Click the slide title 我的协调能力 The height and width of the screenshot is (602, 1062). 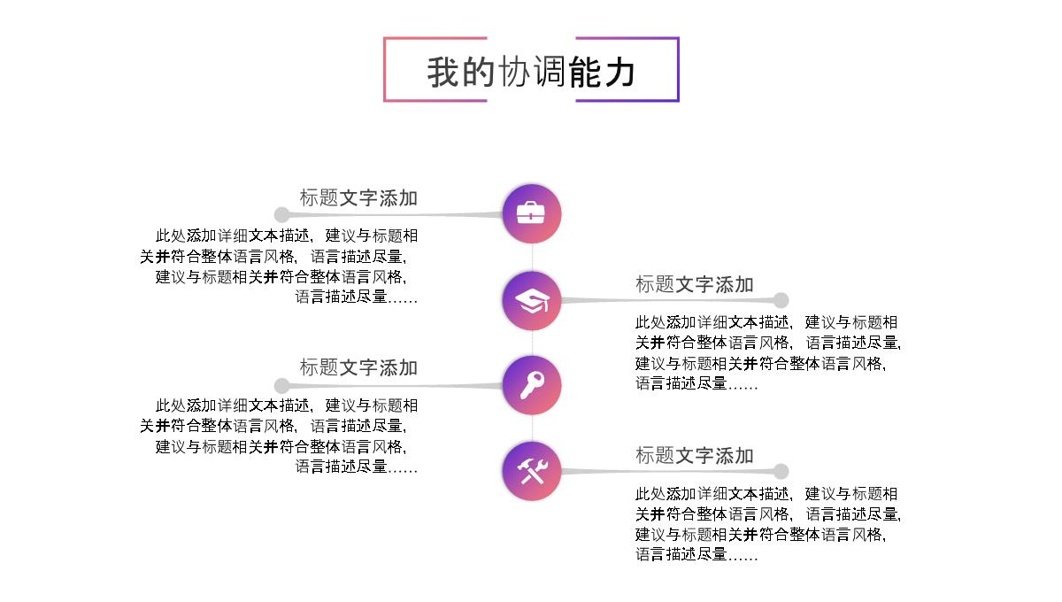[x=531, y=72]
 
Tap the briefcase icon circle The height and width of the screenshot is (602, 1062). [x=532, y=214]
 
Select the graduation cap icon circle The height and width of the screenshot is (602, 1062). [x=532, y=301]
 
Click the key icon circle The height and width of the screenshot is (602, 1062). [x=532, y=385]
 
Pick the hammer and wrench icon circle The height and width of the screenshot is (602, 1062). [x=532, y=471]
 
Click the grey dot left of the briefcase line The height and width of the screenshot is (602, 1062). [x=281, y=214]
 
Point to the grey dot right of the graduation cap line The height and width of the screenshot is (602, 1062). [x=781, y=300]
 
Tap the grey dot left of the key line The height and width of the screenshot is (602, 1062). [x=281, y=385]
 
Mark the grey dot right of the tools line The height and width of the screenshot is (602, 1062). [x=781, y=471]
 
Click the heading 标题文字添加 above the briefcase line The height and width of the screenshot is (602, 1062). [x=358, y=198]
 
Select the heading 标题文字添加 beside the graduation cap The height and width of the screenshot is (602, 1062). [x=695, y=284]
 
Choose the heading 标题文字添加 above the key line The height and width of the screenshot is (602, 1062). [x=358, y=367]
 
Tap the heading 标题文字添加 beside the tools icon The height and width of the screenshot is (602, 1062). [x=695, y=455]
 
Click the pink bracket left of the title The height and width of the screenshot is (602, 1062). [x=386, y=69]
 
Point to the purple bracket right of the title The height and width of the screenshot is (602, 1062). [x=676, y=69]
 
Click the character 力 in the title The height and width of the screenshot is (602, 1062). [x=619, y=72]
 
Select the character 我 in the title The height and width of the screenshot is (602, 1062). [x=442, y=72]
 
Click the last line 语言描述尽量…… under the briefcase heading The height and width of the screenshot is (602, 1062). [x=356, y=297]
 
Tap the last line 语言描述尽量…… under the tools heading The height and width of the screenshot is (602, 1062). [x=696, y=555]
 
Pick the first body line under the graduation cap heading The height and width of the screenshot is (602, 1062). [x=766, y=322]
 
